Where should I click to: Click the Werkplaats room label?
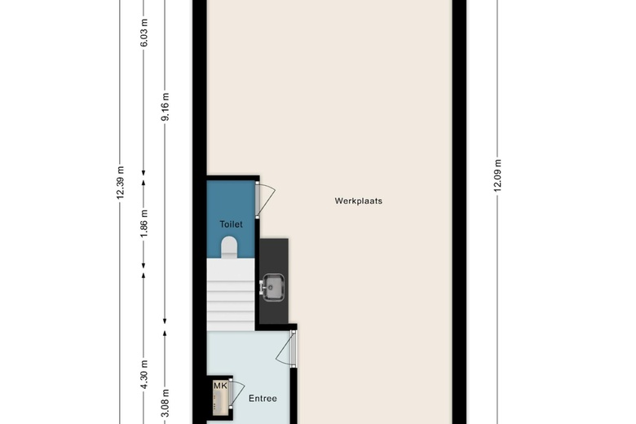[358, 201]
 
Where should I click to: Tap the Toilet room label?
[231, 223]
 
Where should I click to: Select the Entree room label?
[263, 399]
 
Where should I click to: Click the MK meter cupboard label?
[220, 385]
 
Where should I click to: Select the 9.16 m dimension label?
[166, 108]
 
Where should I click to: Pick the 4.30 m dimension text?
[144, 376]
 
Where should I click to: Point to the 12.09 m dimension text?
[497, 174]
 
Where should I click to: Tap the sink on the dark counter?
[272, 286]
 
